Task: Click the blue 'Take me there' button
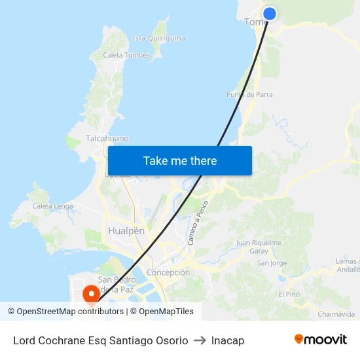(180, 160)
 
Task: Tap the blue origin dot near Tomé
(269, 14)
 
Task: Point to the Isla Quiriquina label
(158, 38)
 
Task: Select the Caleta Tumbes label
(126, 56)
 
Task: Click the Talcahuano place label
(107, 139)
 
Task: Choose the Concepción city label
(168, 272)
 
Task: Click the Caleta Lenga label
(52, 206)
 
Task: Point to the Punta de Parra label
(249, 94)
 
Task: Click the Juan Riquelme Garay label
(259, 247)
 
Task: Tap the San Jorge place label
(272, 263)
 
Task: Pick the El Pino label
(289, 295)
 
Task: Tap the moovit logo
(321, 340)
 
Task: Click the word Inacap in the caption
(228, 340)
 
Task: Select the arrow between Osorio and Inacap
(200, 340)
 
